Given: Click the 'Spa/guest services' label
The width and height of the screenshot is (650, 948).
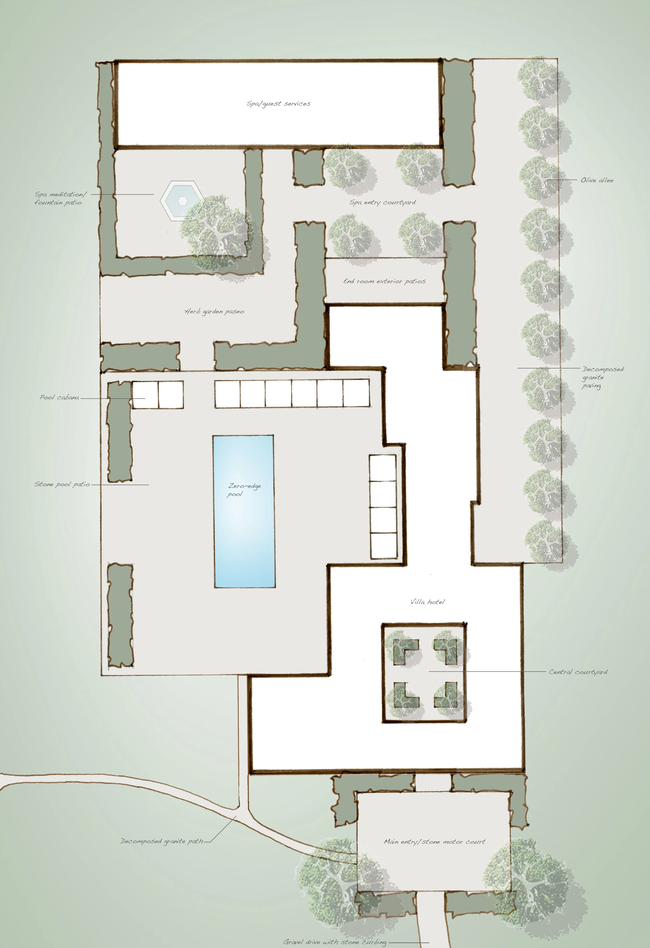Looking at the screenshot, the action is tap(278, 104).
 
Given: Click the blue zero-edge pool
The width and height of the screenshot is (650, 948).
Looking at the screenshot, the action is tap(244, 511).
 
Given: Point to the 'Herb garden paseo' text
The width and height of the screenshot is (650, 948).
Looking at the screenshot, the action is tap(214, 312).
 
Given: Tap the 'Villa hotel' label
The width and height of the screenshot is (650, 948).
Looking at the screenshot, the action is tap(427, 602).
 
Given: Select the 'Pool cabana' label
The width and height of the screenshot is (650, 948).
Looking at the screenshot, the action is tap(60, 397).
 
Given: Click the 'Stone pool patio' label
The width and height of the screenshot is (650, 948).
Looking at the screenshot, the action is tap(62, 484).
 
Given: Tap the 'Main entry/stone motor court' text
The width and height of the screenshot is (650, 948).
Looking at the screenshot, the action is tap(434, 841).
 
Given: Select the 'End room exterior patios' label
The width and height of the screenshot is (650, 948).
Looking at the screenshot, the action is tap(384, 281).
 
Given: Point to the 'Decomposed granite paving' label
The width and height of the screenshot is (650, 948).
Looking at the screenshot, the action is tap(602, 377).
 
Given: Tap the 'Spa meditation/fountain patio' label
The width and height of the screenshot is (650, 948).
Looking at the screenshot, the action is tap(60, 198).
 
